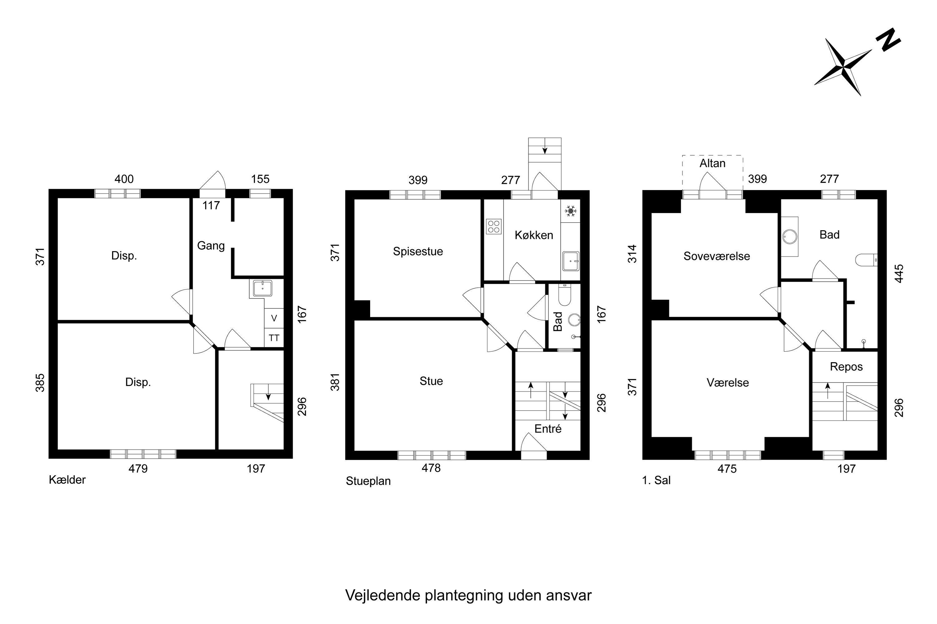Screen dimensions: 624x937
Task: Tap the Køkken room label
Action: (x=534, y=235)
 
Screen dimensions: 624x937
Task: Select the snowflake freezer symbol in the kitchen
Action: (x=571, y=211)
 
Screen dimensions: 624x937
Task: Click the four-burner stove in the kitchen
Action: (x=493, y=227)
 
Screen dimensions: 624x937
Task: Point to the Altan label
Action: (x=712, y=163)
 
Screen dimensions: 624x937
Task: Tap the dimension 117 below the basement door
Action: (x=211, y=205)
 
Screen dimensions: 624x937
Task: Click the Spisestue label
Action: (x=418, y=251)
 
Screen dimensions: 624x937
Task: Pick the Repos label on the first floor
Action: (x=846, y=367)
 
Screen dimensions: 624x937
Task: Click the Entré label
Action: (x=548, y=429)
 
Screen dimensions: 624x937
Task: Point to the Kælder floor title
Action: (x=67, y=480)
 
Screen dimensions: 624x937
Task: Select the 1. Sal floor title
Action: (x=656, y=480)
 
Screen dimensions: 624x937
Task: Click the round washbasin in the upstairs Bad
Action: (x=789, y=237)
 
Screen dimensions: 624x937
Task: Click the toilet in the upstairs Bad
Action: (x=866, y=260)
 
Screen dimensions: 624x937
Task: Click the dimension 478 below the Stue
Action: (x=431, y=468)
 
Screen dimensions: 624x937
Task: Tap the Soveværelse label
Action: (x=717, y=256)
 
